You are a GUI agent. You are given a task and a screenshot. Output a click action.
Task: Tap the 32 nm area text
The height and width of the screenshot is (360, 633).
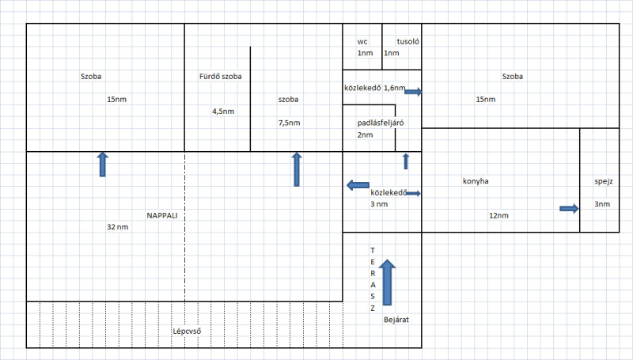tap(117, 227)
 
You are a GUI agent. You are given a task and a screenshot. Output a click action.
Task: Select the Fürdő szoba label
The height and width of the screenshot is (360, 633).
tap(220, 77)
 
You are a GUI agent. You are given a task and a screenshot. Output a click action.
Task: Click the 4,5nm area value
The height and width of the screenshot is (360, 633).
tap(223, 112)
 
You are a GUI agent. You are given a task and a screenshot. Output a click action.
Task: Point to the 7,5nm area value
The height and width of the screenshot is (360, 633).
tap(290, 123)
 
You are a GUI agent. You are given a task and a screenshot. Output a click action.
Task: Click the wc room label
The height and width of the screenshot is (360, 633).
tap(363, 41)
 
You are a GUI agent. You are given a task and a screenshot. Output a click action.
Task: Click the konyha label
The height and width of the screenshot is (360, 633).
tap(476, 181)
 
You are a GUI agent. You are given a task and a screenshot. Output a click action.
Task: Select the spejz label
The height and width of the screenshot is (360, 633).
tap(604, 181)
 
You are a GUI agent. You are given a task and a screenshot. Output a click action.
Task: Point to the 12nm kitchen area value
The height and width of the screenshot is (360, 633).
tap(498, 215)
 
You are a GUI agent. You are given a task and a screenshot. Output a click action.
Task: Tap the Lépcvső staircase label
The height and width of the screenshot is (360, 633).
tap(186, 330)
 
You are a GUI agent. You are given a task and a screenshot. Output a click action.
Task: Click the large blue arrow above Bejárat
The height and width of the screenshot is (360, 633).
tap(387, 281)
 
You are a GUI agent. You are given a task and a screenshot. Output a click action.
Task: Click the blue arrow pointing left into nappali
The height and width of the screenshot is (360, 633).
tap(358, 185)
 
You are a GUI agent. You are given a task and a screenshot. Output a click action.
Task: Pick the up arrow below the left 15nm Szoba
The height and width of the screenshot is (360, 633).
tap(102, 165)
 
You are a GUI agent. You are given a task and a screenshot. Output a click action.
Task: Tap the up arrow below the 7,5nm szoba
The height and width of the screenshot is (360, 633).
tap(297, 169)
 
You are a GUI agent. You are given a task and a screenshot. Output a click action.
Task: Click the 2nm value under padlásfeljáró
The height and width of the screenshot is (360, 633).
tap(365, 135)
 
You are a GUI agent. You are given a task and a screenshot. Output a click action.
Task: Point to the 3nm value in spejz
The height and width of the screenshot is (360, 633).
tap(602, 205)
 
